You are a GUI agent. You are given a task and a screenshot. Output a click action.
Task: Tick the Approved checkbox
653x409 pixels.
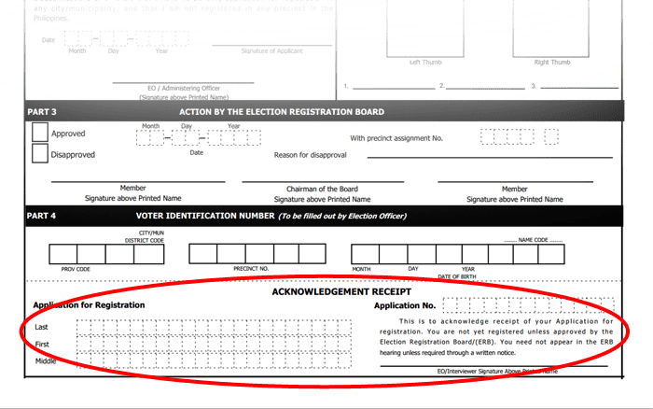[x=40, y=133]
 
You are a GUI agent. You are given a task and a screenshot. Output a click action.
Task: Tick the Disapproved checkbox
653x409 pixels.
[x=40, y=154]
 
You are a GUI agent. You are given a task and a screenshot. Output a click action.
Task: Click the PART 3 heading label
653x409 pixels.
[x=42, y=112]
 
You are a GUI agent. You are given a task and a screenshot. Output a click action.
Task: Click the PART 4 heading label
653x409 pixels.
[x=42, y=217]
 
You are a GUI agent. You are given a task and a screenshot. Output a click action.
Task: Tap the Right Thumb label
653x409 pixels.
[x=552, y=63]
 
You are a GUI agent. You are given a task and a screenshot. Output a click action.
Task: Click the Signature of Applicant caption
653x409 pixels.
[x=271, y=50]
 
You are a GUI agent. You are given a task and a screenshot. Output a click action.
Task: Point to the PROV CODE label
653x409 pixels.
[x=76, y=269]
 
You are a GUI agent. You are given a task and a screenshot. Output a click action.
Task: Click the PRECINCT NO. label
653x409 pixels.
[x=251, y=269]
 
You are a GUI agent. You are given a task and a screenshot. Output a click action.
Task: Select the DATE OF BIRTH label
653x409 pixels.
[x=457, y=276]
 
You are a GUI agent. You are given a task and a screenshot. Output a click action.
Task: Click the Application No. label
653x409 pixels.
[x=405, y=305]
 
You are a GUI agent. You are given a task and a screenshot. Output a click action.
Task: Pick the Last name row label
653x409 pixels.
[x=41, y=327]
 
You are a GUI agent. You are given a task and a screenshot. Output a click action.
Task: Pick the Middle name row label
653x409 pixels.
[x=46, y=360]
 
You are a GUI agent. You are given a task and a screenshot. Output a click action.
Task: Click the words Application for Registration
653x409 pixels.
[x=89, y=305]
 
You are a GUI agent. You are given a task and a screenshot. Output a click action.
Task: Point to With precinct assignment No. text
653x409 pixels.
[x=396, y=137]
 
